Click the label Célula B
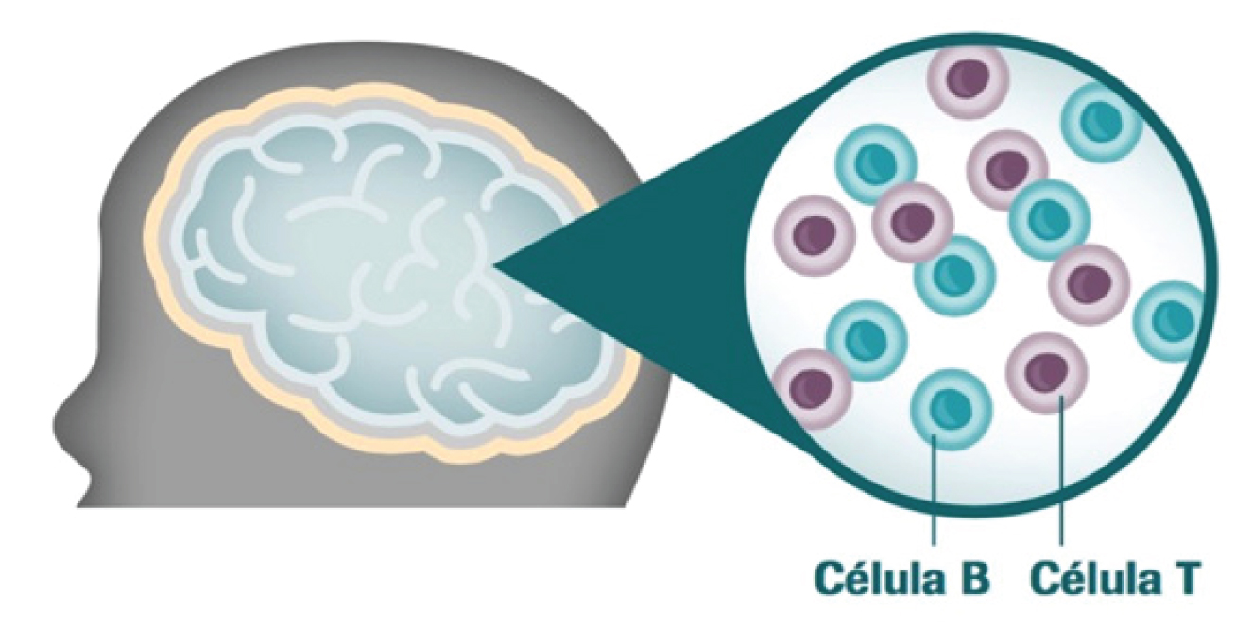pos(903,577)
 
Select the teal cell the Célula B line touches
pos(951,409)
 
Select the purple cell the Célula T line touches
pos(1047,371)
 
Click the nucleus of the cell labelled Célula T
pos(1044,369)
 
